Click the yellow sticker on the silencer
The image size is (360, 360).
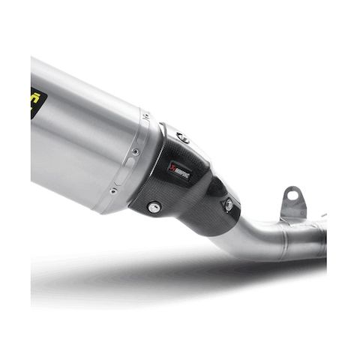(34, 101)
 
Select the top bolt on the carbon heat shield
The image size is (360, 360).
(181, 137)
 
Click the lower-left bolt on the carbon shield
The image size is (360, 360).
(154, 207)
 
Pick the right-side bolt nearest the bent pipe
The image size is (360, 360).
(228, 205)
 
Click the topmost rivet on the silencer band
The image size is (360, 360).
(145, 115)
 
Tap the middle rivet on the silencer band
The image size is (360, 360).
(135, 152)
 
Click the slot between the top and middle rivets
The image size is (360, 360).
(141, 133)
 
